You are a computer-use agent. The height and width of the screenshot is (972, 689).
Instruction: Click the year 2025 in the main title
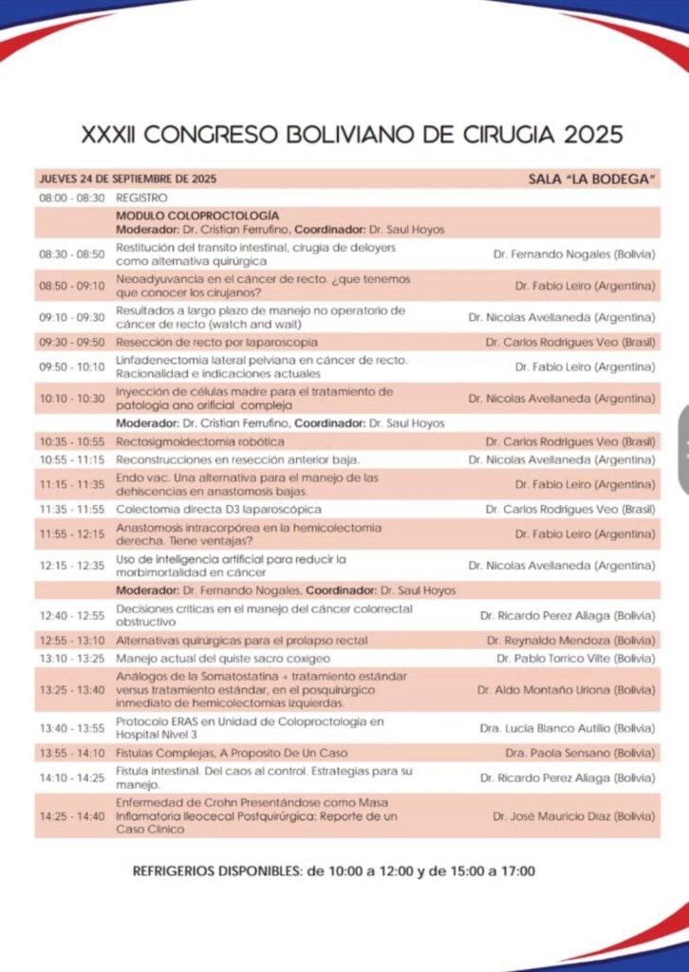[x=587, y=134]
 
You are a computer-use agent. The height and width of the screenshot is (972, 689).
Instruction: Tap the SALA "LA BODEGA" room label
[x=592, y=178]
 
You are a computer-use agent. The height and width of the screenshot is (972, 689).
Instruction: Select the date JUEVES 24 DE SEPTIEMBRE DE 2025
[x=128, y=178]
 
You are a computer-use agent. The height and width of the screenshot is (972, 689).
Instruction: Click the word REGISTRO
[x=141, y=197]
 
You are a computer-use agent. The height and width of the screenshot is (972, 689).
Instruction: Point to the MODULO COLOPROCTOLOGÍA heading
[x=197, y=215]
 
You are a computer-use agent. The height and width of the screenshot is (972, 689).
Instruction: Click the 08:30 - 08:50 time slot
[x=71, y=254]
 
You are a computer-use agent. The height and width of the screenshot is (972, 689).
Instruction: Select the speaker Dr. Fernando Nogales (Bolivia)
[x=574, y=254]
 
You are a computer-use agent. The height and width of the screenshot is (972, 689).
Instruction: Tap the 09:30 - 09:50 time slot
[x=71, y=342]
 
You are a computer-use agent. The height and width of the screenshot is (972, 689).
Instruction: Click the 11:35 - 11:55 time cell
[x=71, y=509]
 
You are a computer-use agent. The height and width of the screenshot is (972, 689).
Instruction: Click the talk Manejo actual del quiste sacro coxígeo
[x=223, y=658]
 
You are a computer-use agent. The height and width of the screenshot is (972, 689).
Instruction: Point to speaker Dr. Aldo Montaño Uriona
[x=566, y=690]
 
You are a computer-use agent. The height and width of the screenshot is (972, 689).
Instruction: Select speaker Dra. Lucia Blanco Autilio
[x=569, y=728]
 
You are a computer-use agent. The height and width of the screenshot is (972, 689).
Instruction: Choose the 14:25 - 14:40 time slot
[x=71, y=816]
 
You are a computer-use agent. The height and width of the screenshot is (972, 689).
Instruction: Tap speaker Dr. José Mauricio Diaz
[x=573, y=816]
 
